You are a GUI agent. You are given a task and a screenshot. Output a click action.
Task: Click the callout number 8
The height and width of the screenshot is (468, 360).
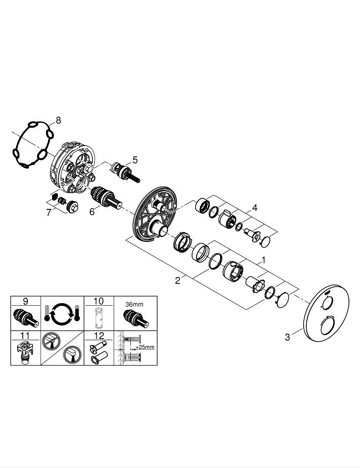[x=58, y=120]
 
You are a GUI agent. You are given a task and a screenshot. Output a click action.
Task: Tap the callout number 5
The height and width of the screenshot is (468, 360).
[x=135, y=160]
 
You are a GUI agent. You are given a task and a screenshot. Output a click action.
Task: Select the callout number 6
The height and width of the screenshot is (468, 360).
[x=92, y=211]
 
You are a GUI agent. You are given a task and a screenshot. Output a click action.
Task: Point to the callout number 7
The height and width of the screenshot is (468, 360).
[x=49, y=212]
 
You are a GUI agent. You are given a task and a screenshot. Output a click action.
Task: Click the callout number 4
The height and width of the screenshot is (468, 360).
[x=255, y=207]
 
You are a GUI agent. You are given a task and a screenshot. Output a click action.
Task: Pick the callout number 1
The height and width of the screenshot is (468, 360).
[x=263, y=260]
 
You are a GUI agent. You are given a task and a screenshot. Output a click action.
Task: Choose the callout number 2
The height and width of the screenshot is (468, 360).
[x=177, y=280]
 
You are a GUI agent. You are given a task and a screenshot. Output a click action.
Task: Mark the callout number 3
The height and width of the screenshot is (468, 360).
[x=287, y=337]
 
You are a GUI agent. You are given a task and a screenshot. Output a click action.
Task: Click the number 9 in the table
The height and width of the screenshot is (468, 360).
[x=25, y=301]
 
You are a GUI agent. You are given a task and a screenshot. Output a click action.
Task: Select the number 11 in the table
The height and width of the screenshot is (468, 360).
[x=25, y=336]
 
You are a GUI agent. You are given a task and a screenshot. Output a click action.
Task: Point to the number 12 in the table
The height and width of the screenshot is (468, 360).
[x=99, y=336]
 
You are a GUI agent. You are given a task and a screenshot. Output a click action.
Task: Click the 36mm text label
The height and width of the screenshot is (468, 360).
[x=134, y=304]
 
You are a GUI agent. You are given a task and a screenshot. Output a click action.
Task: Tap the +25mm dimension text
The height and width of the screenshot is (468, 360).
[x=145, y=347]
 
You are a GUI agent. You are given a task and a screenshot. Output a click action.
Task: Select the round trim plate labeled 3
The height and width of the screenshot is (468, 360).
[x=326, y=313]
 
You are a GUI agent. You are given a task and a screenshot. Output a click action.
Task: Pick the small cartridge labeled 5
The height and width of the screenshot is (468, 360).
[x=125, y=172]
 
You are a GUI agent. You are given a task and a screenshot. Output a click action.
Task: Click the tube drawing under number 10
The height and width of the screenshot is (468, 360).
[x=99, y=317]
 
